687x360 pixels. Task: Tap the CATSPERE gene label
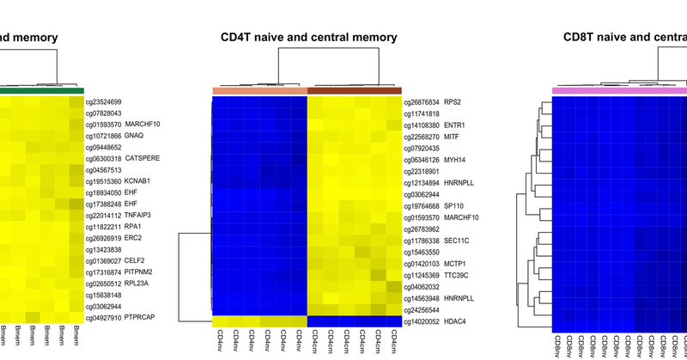click(143, 158)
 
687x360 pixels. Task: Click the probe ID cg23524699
click(103, 102)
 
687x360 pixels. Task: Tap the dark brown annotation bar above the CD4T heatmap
click(354, 90)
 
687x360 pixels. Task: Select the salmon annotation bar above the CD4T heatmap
click(259, 90)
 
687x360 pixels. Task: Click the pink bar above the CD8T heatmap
click(618, 90)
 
